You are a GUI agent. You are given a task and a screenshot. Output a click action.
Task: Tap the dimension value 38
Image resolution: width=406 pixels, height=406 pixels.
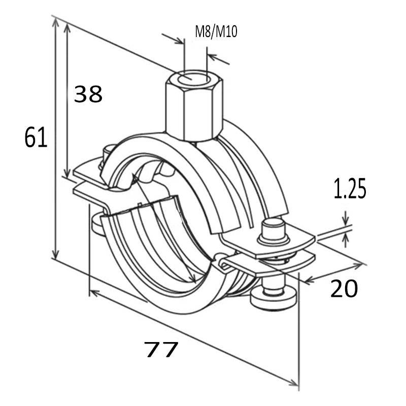88,94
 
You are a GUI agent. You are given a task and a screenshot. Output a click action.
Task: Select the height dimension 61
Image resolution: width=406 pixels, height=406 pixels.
36,138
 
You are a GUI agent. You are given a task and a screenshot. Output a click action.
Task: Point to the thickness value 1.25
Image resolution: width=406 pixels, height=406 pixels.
350,189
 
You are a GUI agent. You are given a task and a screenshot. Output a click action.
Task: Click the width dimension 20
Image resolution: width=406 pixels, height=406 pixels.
344,289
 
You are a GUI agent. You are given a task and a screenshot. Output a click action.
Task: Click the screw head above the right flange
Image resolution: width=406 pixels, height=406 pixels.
273,230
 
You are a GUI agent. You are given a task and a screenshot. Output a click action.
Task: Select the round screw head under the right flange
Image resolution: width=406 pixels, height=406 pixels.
274,298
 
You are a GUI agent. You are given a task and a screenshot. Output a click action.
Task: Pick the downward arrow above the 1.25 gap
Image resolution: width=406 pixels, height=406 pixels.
346,222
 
